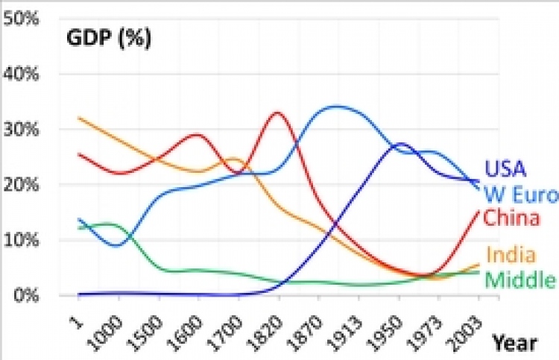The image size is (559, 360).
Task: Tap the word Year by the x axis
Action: tap(514, 343)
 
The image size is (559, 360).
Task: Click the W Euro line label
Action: tap(520, 195)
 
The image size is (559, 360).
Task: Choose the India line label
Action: tap(510, 255)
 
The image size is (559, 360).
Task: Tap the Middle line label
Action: tap(520, 280)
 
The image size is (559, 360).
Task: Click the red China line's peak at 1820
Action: tap(277, 113)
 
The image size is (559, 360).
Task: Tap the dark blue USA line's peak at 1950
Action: tap(400, 144)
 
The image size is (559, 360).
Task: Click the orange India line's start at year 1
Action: tap(78, 118)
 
